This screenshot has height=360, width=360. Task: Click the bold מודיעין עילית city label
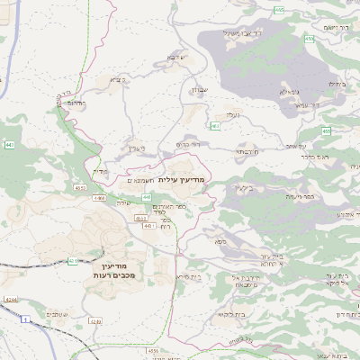point(181,180)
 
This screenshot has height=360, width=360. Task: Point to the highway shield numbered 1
point(27,319)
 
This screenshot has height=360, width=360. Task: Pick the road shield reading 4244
point(10,299)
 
